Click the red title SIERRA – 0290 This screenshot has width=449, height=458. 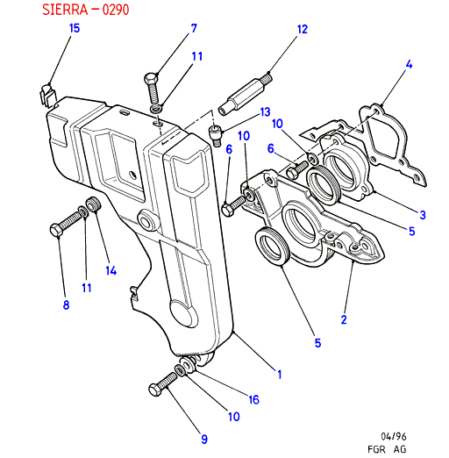85,10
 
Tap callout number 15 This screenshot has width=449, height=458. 75,28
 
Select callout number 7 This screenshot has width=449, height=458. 194,28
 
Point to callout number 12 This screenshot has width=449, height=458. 303,29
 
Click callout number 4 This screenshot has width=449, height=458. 409,64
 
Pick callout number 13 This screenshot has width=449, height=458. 265,112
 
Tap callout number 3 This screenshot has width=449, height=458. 423,215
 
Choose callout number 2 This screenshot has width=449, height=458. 344,319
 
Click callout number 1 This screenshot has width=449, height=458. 280,375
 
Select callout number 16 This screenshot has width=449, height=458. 253,400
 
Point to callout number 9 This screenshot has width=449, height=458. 204,440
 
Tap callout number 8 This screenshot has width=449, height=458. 66,305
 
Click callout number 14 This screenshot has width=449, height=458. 111,271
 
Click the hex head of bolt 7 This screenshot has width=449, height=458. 151,78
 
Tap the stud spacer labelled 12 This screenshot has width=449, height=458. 246,95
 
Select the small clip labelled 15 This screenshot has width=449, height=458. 46,96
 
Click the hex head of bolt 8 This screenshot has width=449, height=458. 56,231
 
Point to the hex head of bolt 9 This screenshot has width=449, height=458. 155,390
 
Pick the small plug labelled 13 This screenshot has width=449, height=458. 216,135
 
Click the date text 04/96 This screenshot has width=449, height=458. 394,437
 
